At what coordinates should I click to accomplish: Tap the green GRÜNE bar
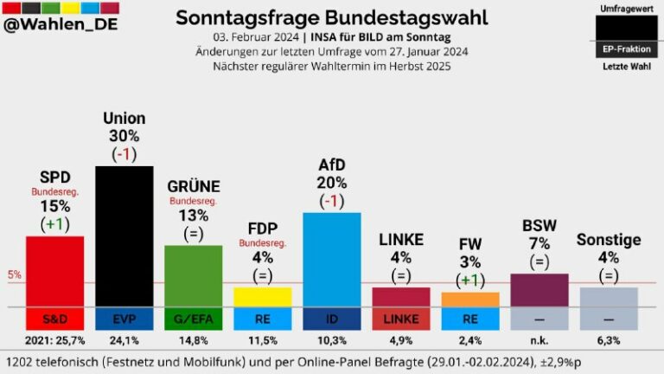(193, 275)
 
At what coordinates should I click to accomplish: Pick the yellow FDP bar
(262, 296)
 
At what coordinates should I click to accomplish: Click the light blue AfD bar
(331, 259)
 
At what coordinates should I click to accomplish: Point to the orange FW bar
(469, 299)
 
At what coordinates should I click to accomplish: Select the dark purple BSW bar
(539, 290)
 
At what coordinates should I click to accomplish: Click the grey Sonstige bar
(608, 297)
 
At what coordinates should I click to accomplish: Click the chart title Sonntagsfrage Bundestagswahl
(331, 17)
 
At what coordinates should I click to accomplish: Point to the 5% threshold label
(15, 275)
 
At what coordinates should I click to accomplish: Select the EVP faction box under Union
(124, 319)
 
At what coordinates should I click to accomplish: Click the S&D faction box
(54, 319)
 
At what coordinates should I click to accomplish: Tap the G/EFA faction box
(193, 319)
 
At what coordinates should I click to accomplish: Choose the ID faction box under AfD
(331, 319)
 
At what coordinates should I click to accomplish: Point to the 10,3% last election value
(331, 340)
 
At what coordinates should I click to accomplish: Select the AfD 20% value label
(331, 183)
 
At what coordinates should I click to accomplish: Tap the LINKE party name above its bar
(400, 239)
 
